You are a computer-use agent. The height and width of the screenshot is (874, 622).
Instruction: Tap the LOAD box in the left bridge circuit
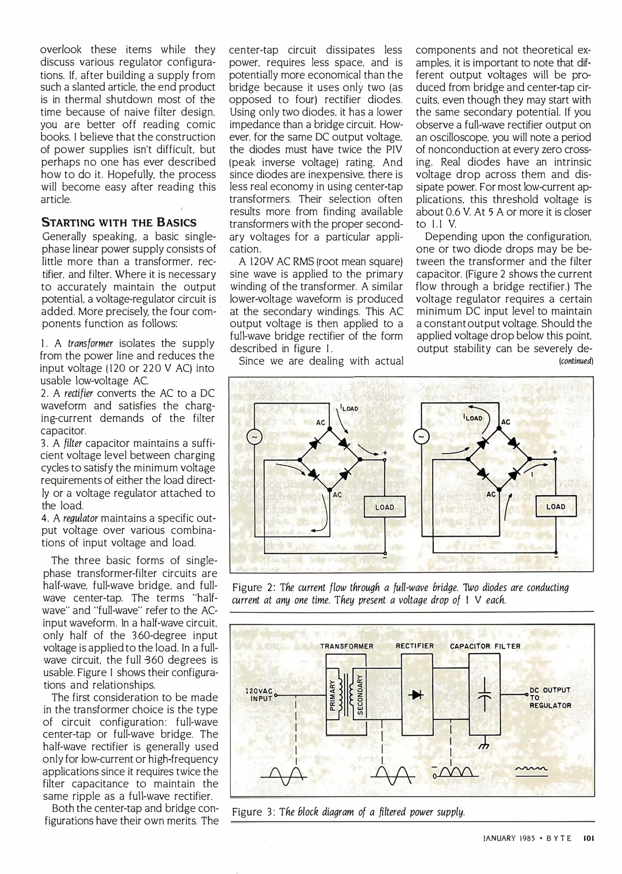click(385, 507)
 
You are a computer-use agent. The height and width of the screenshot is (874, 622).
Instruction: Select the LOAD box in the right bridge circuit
click(556, 506)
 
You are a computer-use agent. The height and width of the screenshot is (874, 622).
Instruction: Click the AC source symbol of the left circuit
click(254, 437)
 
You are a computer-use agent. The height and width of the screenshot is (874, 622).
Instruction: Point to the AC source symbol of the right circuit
click(421, 437)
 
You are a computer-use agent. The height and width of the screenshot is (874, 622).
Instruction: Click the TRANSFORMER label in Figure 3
click(347, 646)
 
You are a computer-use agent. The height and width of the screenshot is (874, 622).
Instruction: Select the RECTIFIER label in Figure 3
click(415, 646)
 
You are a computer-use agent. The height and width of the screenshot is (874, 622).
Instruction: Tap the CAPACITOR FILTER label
click(485, 646)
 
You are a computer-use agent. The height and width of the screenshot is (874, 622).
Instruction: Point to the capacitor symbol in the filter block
click(484, 694)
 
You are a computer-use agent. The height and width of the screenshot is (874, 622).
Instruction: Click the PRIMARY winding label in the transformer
click(332, 695)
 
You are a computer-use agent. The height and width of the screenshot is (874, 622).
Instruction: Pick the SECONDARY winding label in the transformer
click(359, 695)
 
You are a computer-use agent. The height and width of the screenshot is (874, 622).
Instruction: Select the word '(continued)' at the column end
click(576, 361)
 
